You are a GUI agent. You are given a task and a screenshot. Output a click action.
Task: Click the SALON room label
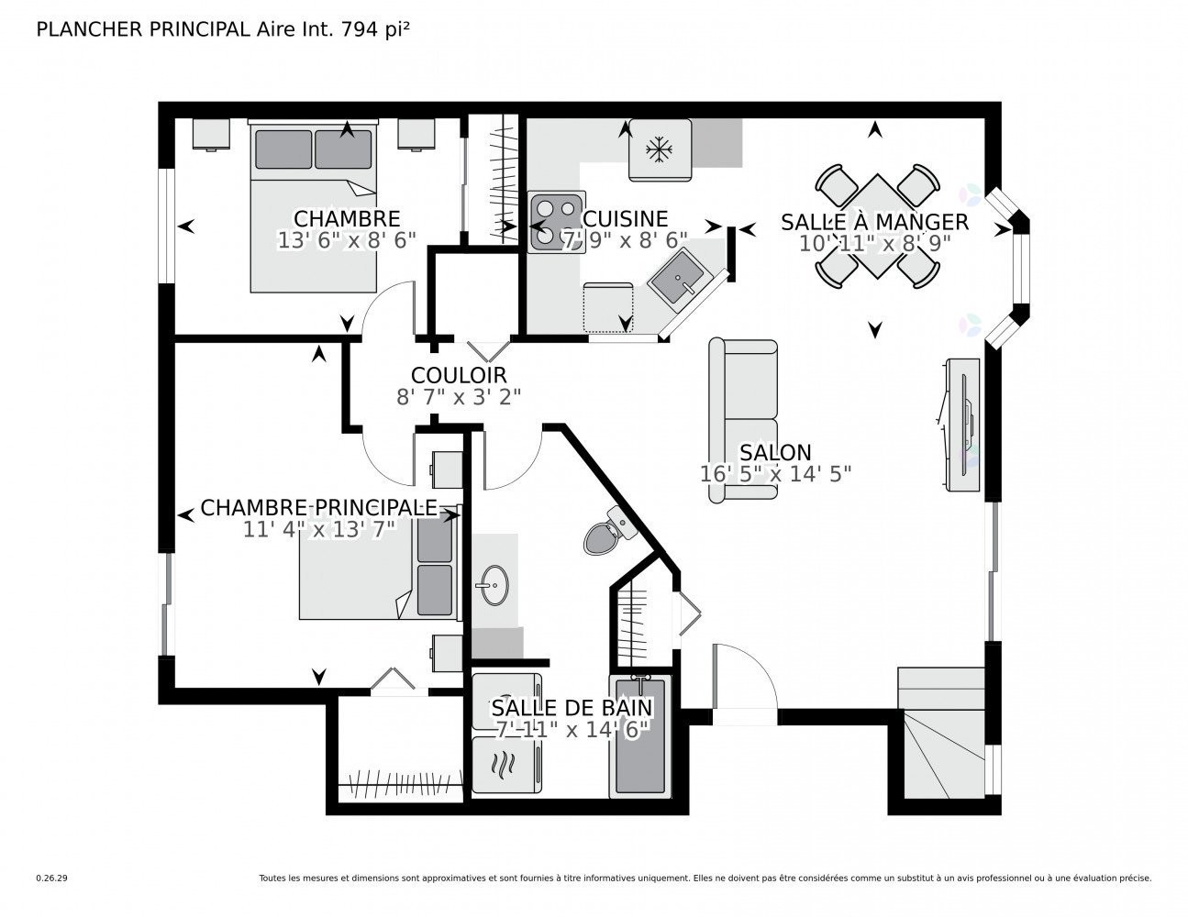click(775, 452)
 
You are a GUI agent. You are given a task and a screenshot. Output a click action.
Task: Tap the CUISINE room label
click(626, 219)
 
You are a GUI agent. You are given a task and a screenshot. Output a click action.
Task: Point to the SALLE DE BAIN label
click(572, 707)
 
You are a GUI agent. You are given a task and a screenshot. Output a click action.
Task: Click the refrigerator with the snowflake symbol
click(660, 149)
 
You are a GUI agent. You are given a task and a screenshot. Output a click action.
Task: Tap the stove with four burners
click(556, 222)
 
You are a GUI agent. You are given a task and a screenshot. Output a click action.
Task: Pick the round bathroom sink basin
click(494, 585)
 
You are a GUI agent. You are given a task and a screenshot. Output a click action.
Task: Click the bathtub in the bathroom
click(640, 736)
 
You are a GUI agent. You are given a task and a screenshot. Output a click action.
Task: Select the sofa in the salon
click(743, 420)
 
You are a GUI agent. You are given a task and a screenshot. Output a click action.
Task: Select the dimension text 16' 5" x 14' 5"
click(775, 474)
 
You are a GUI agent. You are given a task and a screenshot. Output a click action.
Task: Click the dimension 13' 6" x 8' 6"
click(347, 240)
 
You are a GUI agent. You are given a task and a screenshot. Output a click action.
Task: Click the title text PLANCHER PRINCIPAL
click(142, 29)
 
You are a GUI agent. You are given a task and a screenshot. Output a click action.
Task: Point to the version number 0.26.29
click(51, 878)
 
